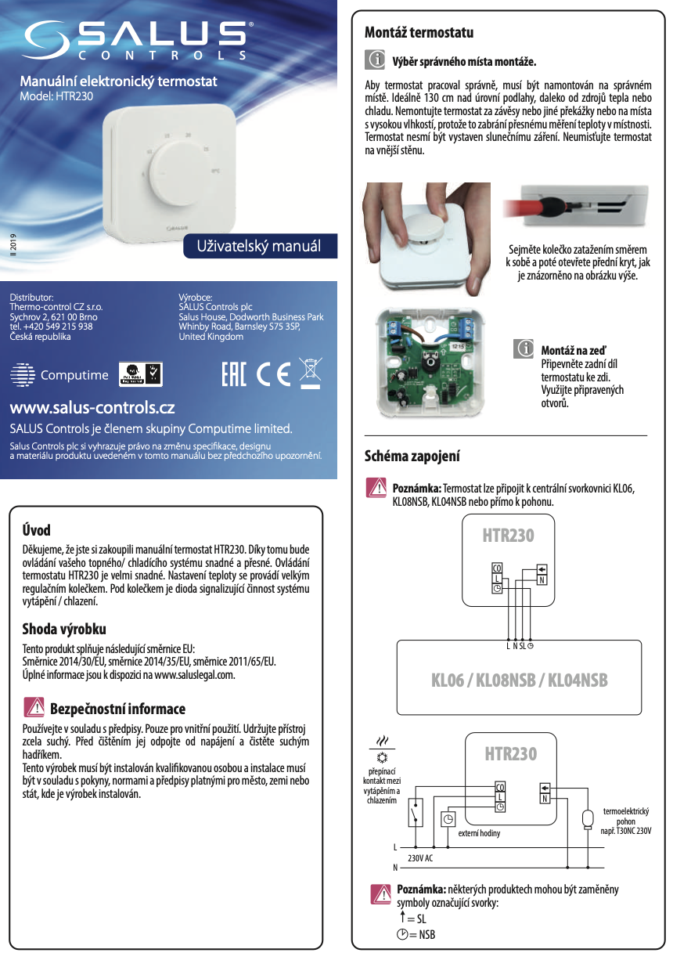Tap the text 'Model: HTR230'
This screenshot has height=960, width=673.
pos(56,97)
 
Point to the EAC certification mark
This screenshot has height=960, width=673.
pos(234,374)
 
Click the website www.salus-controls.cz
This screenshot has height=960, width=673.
pos(92,408)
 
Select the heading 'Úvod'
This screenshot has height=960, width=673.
pos(36,530)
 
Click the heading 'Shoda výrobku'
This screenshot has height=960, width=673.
pos(64,629)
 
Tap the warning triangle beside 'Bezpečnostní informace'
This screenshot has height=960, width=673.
pos(34,708)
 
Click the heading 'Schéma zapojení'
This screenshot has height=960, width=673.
pos(412,456)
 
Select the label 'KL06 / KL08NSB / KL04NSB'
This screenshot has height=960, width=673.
pos(520,680)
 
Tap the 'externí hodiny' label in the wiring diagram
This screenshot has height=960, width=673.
pos(478,833)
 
